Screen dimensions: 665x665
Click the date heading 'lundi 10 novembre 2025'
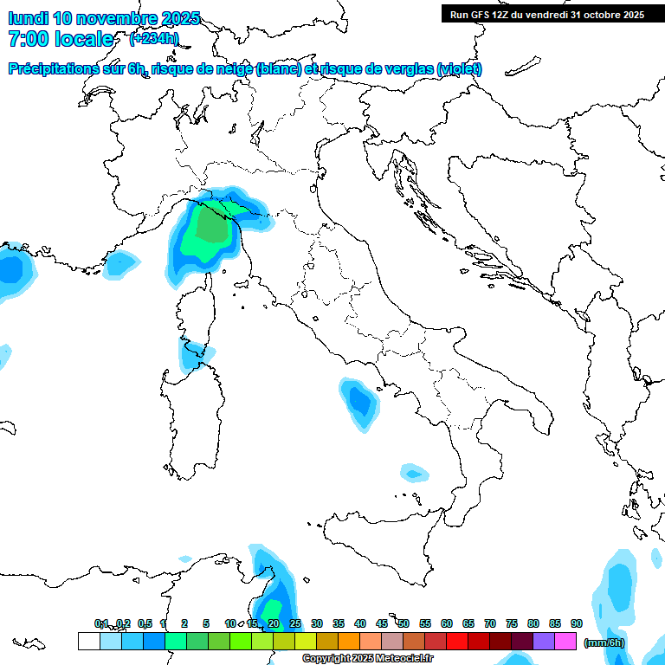coord(104,17)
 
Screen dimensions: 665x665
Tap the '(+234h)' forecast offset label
coord(154,39)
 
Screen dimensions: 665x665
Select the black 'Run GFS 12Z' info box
coord(546,14)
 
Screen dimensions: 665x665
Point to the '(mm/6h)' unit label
coord(604,642)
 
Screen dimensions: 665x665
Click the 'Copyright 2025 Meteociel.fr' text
coord(367,659)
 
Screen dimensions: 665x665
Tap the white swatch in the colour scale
coord(88,642)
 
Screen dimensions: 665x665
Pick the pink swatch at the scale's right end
coord(565,642)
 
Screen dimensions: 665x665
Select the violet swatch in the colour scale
coord(544,642)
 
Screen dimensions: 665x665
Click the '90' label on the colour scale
coord(577,623)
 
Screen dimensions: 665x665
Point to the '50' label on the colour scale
coord(404,623)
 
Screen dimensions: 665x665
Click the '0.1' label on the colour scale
coord(101,623)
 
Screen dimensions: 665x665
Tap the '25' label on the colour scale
coord(295,623)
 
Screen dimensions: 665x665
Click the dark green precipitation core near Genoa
coord(210,227)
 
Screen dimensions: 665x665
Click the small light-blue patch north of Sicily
coord(415,473)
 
